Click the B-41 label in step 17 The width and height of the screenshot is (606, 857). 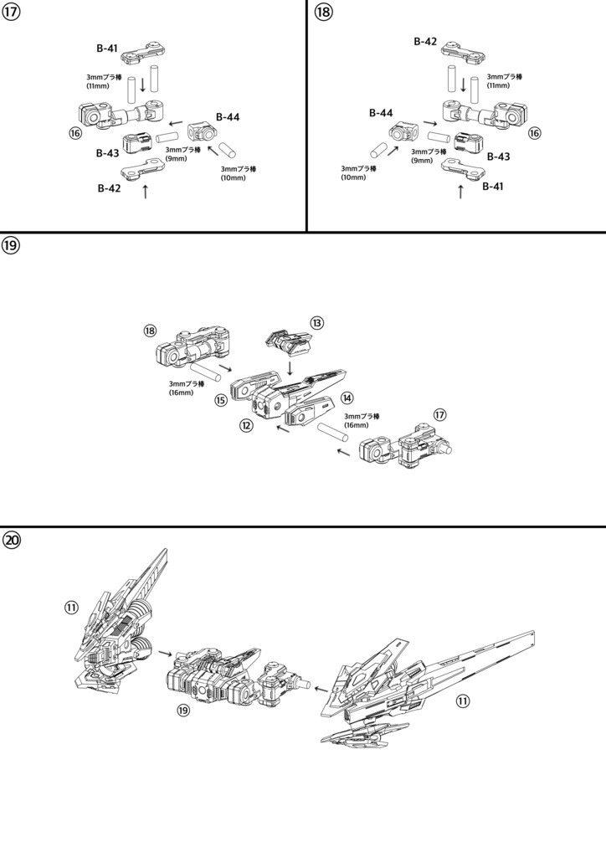(106, 49)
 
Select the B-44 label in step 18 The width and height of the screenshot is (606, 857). (382, 112)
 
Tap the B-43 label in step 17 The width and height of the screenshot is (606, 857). (107, 153)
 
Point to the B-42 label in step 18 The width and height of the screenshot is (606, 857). (426, 41)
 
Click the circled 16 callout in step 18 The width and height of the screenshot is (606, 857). (534, 132)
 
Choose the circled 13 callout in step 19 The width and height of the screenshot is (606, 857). (316, 322)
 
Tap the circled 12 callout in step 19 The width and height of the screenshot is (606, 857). (246, 425)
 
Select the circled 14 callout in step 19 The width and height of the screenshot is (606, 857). (347, 398)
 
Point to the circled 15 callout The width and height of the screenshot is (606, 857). (221, 401)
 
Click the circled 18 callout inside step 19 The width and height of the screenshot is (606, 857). (151, 331)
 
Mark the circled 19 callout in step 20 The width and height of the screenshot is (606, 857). (184, 710)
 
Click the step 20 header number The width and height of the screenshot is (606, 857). (12, 540)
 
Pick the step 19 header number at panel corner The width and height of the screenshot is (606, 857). (12, 245)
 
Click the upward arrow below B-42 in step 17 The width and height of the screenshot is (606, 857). (146, 192)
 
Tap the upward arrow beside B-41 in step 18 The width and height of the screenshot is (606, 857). (460, 192)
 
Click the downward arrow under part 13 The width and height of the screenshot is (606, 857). (290, 367)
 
